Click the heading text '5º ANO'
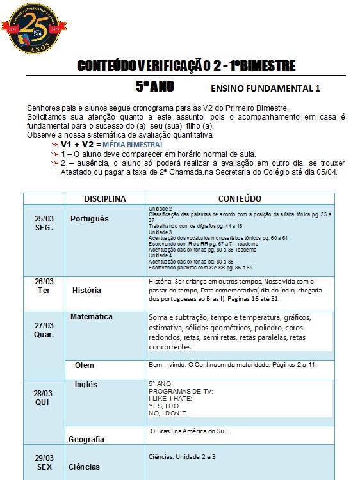coord(154,86)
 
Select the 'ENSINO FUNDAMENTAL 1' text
coord(265,88)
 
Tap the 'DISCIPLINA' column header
coord(104,198)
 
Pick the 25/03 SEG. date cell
coord(44,223)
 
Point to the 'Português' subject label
coord(90,219)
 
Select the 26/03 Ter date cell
coord(44,286)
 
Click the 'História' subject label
coord(87,290)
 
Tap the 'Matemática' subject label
coord(92,317)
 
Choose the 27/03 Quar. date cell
coord(44,330)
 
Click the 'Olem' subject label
coord(85,365)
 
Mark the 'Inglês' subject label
coord(86,385)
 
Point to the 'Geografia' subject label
coord(86,440)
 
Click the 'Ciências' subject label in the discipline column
coord(85,467)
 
